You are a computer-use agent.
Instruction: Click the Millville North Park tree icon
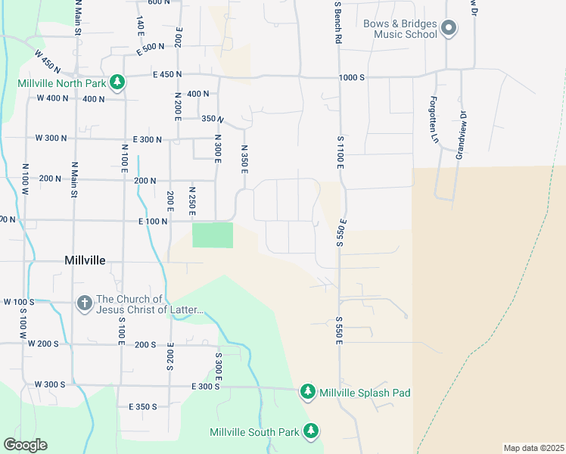pos(117,82)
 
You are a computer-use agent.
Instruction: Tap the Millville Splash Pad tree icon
pos(307,392)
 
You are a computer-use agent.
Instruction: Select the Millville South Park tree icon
pos(311,431)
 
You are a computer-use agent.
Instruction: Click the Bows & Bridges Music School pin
pos(449,30)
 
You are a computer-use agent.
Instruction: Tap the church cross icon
pos(85,303)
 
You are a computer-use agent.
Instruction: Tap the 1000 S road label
pos(352,77)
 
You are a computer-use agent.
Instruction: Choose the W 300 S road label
pos(49,384)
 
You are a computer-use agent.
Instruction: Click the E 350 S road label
pos(142,406)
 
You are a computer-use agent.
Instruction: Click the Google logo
pos(25,445)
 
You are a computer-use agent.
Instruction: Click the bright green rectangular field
pos(213,235)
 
